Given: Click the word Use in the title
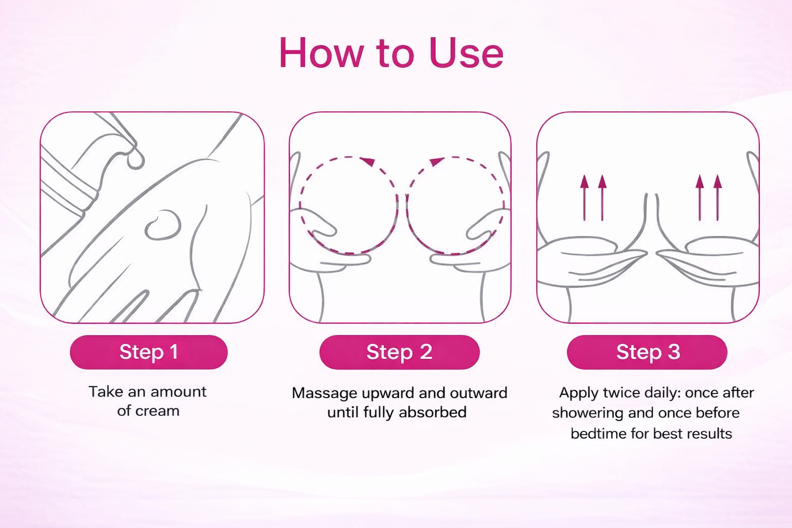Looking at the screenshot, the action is click(466, 53).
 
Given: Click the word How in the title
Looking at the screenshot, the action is click(322, 53).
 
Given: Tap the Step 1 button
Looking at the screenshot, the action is click(149, 352).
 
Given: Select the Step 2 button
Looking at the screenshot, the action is click(400, 352).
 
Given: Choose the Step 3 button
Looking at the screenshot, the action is click(647, 352).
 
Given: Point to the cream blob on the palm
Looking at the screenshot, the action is click(163, 225).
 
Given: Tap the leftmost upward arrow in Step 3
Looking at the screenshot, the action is click(584, 198).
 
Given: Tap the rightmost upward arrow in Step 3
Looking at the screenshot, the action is click(717, 198).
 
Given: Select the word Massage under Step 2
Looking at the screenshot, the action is click(325, 394).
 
